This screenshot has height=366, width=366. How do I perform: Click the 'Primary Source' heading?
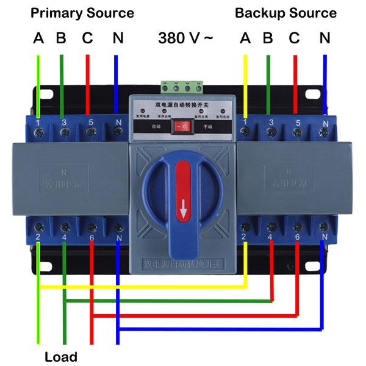pyautogui.click(x=82, y=13)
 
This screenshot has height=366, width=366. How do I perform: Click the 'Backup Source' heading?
pyautogui.click(x=285, y=13)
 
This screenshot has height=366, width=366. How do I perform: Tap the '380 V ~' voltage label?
pyautogui.click(x=185, y=38)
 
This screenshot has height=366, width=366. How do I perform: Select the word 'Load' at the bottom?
pyautogui.click(x=61, y=356)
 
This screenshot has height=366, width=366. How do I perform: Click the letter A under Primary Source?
pyautogui.click(x=38, y=38)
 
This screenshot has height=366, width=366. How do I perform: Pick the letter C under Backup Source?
pyautogui.click(x=295, y=38)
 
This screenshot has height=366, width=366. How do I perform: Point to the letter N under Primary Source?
pyautogui.click(x=118, y=38)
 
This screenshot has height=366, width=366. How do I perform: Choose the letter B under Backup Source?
pyautogui.click(x=267, y=38)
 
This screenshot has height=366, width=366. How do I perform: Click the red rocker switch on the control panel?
pyautogui.click(x=182, y=126)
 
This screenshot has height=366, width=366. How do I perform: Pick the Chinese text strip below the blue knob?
pyautogui.click(x=183, y=265)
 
